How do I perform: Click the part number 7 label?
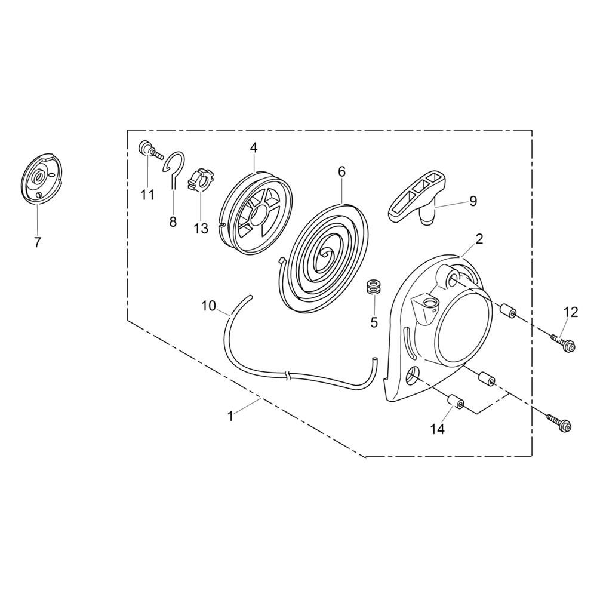[37, 242]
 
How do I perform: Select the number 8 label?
[173, 222]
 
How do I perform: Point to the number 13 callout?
[201, 228]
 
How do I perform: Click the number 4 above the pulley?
[254, 147]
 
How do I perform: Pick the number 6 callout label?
[341, 171]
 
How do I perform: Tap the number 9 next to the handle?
[473, 201]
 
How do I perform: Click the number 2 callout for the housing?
[479, 239]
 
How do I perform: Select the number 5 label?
[374, 322]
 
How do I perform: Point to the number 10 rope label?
[208, 306]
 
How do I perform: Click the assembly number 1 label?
[231, 417]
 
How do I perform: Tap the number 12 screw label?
[571, 312]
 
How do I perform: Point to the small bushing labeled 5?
[375, 288]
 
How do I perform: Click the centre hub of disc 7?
[37, 176]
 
